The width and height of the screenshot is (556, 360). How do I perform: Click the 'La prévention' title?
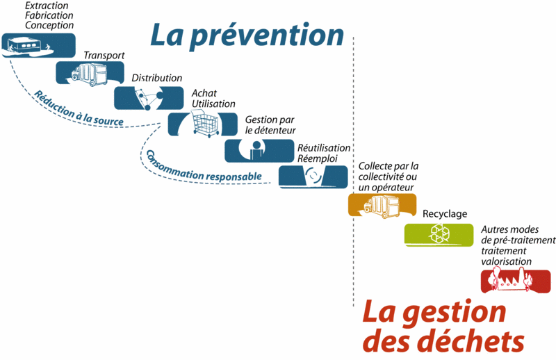(x=247, y=35)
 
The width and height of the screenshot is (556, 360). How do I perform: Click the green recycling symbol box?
(x=439, y=235)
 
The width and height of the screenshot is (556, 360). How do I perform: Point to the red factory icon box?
(x=516, y=281)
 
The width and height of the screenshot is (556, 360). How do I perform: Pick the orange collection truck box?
(x=382, y=205)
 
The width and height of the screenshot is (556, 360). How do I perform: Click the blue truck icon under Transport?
(x=90, y=74)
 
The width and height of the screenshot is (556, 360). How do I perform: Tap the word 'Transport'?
(x=104, y=56)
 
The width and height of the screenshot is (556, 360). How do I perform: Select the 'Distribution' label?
(x=157, y=78)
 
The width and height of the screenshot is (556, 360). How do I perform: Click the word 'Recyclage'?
(x=445, y=214)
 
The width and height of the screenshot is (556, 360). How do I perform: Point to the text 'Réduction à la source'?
(x=78, y=109)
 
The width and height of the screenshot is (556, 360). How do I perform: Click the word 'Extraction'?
(x=47, y=6)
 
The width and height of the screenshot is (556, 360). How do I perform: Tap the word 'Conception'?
(x=49, y=25)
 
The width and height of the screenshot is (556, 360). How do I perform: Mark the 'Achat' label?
(x=204, y=93)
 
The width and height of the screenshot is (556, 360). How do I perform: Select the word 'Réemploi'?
(x=318, y=158)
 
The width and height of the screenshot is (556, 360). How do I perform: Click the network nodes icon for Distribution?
(x=149, y=98)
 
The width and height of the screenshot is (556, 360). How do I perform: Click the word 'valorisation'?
(x=507, y=261)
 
